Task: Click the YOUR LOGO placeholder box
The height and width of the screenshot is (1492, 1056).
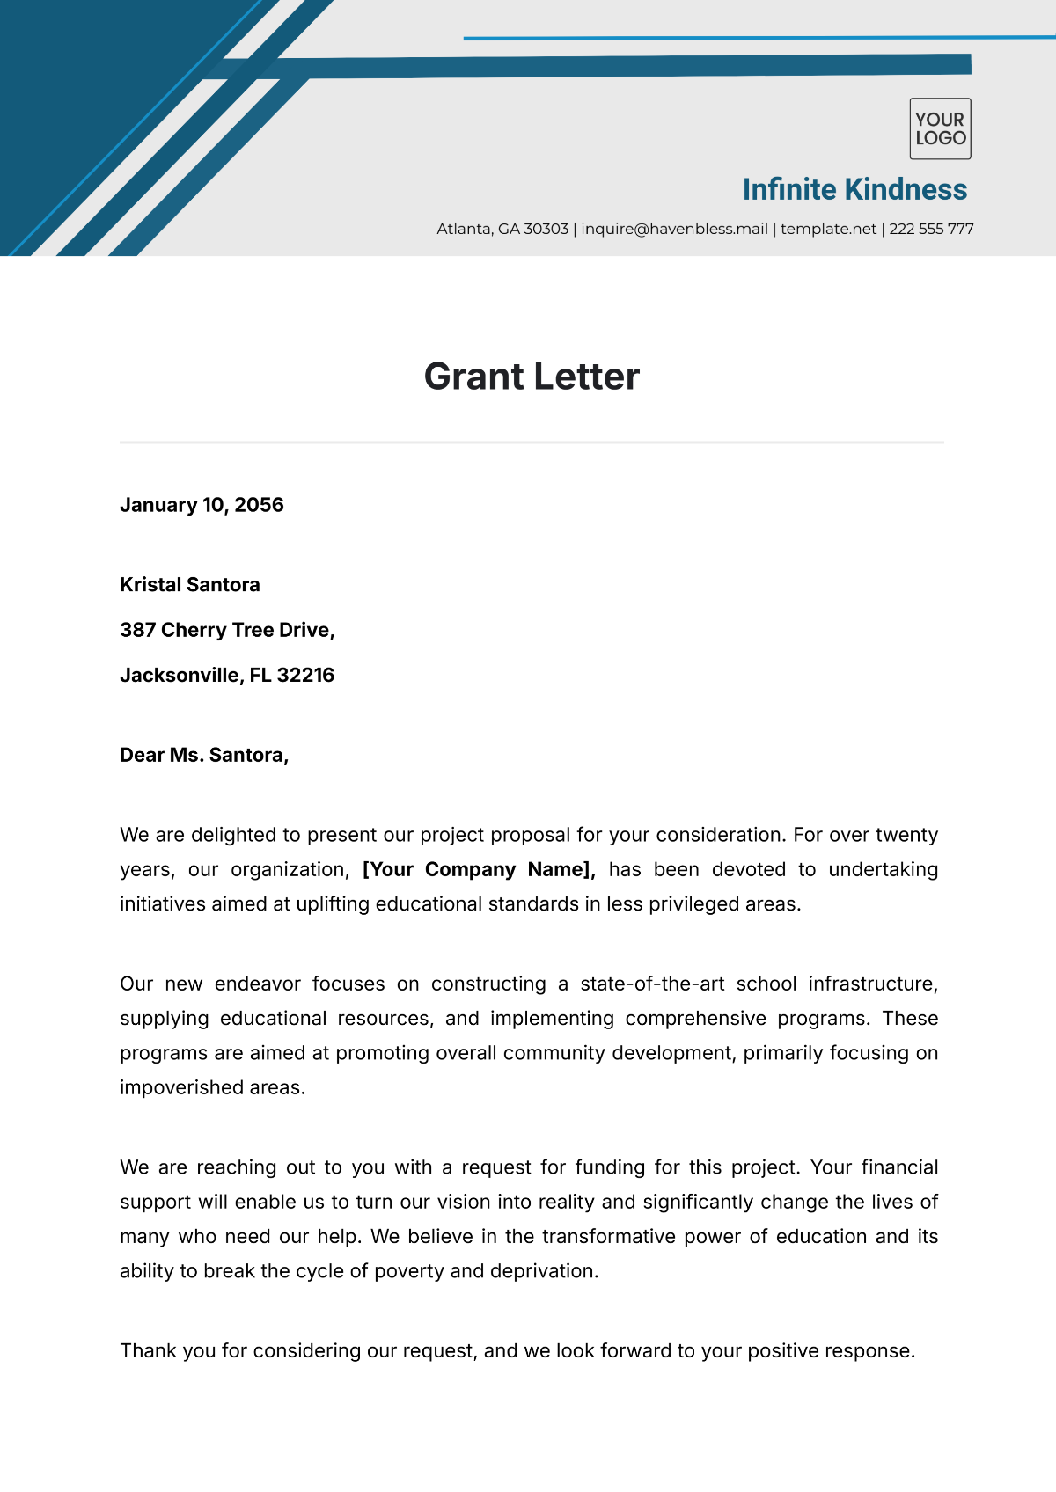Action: coord(940,128)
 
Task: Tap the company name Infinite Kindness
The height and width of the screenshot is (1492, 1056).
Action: coord(854,189)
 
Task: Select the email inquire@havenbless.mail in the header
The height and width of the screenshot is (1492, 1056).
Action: coord(674,229)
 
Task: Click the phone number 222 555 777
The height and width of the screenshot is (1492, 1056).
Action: coord(931,229)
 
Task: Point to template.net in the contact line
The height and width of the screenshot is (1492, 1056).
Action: coord(828,229)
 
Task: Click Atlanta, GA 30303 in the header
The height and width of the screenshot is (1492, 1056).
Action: coord(502,229)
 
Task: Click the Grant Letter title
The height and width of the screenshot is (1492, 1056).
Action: coord(532,377)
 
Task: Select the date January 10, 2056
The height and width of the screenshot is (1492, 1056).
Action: coord(202,505)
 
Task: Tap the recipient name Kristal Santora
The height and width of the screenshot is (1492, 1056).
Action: coord(190,585)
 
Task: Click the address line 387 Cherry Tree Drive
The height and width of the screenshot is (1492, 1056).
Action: coord(227,630)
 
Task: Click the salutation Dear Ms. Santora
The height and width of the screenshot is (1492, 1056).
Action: coord(204,755)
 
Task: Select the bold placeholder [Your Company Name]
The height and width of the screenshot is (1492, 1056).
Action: coord(479,869)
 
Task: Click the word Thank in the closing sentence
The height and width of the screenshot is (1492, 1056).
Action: coord(148,1350)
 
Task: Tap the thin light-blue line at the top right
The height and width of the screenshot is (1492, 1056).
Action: coord(757,38)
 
